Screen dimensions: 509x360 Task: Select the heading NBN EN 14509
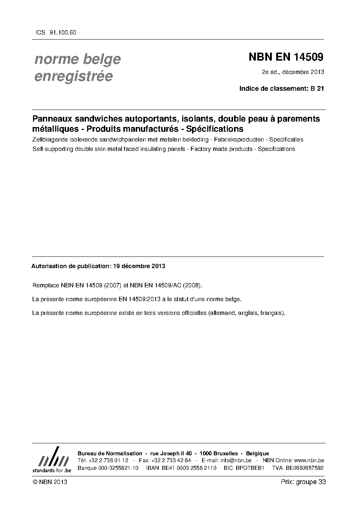(286, 57)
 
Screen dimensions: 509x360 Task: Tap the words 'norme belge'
(77, 59)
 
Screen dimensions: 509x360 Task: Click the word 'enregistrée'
(73, 77)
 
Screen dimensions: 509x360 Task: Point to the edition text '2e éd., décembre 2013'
(292, 72)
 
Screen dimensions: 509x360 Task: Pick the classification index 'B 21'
(317, 88)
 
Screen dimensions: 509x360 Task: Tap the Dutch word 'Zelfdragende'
(49, 140)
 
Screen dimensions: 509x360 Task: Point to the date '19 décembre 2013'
(139, 266)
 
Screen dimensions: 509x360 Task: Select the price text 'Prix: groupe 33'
(303, 482)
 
